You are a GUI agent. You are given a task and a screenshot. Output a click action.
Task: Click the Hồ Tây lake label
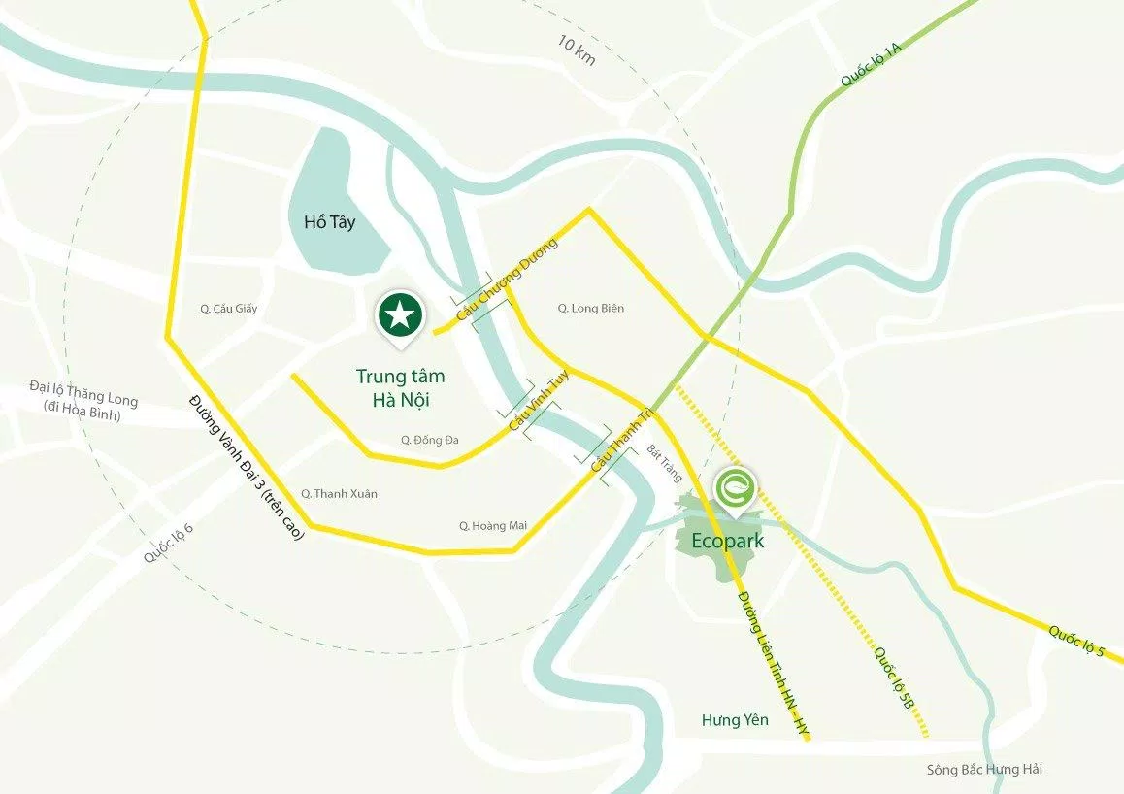point(329,222)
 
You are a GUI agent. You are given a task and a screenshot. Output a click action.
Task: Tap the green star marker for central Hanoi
point(401,314)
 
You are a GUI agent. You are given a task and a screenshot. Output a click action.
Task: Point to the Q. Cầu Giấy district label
point(229,309)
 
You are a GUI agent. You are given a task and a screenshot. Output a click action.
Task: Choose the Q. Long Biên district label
point(590,309)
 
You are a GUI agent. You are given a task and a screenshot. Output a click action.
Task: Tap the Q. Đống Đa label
point(430,440)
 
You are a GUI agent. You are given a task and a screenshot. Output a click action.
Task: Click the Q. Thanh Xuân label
point(339,494)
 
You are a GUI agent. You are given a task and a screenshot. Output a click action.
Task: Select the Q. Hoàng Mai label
point(493,526)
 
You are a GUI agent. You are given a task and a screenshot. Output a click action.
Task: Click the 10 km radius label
point(577,50)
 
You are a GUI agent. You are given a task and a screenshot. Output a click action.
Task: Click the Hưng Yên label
point(735,720)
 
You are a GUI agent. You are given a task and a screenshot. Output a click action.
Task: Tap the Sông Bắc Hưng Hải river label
point(983,770)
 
